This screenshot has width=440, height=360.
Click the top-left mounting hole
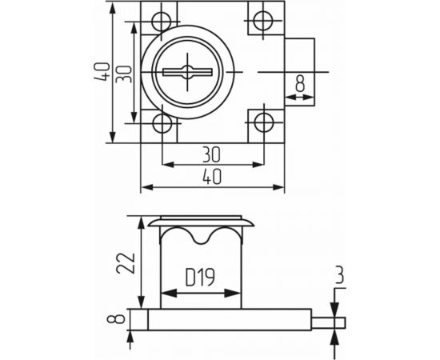162,19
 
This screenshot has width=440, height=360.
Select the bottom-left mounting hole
162,124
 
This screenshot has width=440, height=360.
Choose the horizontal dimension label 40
213,178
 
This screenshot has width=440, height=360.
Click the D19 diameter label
200,279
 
